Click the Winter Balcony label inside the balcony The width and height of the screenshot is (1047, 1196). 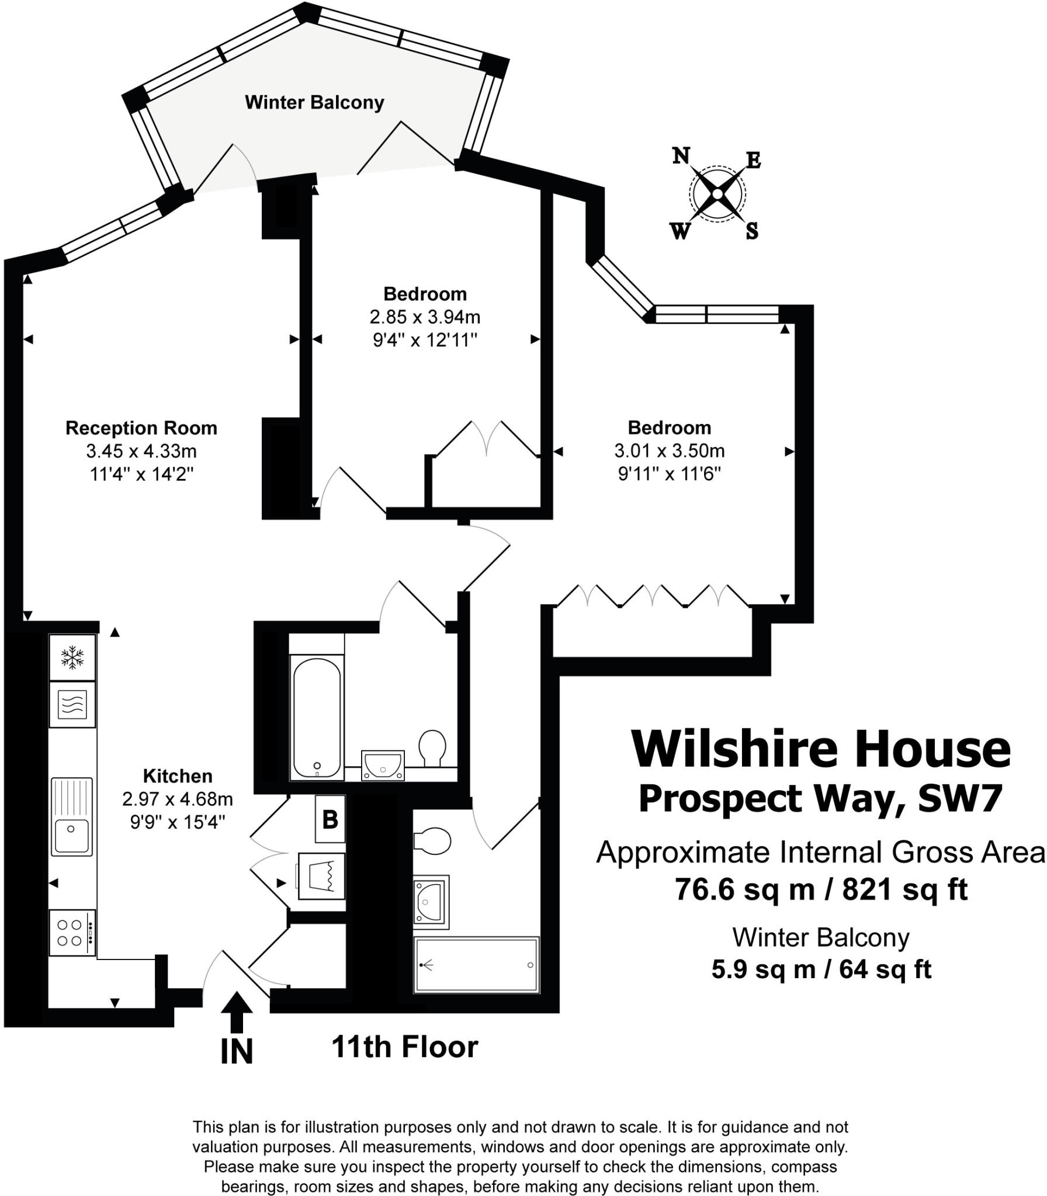(x=314, y=103)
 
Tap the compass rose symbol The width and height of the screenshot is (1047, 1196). (x=717, y=194)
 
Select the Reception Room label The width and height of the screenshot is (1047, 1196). (x=141, y=428)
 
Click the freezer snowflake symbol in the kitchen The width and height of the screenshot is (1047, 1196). (x=72, y=657)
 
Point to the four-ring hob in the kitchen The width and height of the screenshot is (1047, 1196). (x=72, y=933)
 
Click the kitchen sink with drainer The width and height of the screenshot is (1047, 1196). (x=71, y=817)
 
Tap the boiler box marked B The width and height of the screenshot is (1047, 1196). (x=330, y=819)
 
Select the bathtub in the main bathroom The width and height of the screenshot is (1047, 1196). (x=317, y=718)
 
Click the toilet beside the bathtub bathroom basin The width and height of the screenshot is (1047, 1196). (x=432, y=747)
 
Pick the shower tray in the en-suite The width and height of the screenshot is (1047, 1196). (x=476, y=965)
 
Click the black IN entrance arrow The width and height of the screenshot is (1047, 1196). (x=237, y=1013)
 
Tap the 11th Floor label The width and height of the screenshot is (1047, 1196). (x=404, y=1046)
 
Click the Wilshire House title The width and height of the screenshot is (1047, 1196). (x=820, y=750)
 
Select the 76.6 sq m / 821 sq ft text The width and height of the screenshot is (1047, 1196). (x=821, y=890)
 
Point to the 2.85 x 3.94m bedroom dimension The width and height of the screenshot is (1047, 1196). (x=425, y=317)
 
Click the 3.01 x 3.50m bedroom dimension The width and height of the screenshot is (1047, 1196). (x=669, y=451)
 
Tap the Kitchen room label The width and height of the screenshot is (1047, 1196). (x=178, y=776)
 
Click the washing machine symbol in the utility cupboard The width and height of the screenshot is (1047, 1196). (x=321, y=876)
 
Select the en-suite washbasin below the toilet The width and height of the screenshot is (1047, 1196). (x=431, y=902)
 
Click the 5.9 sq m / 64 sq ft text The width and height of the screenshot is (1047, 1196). (x=821, y=969)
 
